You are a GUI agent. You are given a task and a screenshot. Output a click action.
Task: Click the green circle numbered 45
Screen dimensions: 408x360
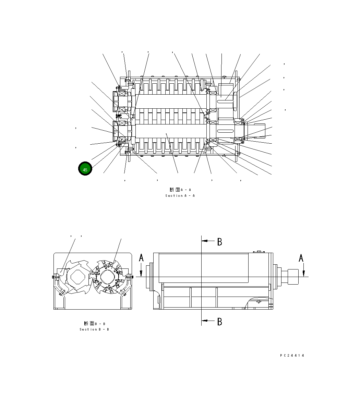pos(85,169)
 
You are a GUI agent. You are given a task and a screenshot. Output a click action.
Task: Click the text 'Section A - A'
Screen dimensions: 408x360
pos(180,196)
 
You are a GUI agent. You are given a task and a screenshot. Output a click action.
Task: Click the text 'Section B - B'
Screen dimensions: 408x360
pos(94,329)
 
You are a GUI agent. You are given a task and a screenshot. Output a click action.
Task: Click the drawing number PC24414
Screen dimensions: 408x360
pos(292,356)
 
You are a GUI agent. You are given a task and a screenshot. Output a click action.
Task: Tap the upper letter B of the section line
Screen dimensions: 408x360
pos(220,242)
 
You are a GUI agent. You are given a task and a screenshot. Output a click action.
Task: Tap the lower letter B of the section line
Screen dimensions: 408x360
pos(220,322)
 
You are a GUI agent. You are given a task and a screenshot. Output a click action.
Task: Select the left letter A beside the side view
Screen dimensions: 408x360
pos(141,258)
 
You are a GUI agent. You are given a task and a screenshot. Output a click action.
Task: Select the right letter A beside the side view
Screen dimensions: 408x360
pos(301,258)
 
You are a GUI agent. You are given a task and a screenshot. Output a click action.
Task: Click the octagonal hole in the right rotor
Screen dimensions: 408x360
pos(109,276)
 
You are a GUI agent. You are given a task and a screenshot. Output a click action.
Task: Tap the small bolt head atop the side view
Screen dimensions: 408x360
pos(259,252)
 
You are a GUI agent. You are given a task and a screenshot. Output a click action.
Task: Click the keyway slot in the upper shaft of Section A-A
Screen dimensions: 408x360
pos(225,97)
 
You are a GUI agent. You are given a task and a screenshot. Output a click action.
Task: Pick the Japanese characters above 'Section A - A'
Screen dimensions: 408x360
pos(175,190)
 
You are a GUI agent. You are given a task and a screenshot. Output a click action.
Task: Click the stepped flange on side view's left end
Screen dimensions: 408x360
pos(149,277)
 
